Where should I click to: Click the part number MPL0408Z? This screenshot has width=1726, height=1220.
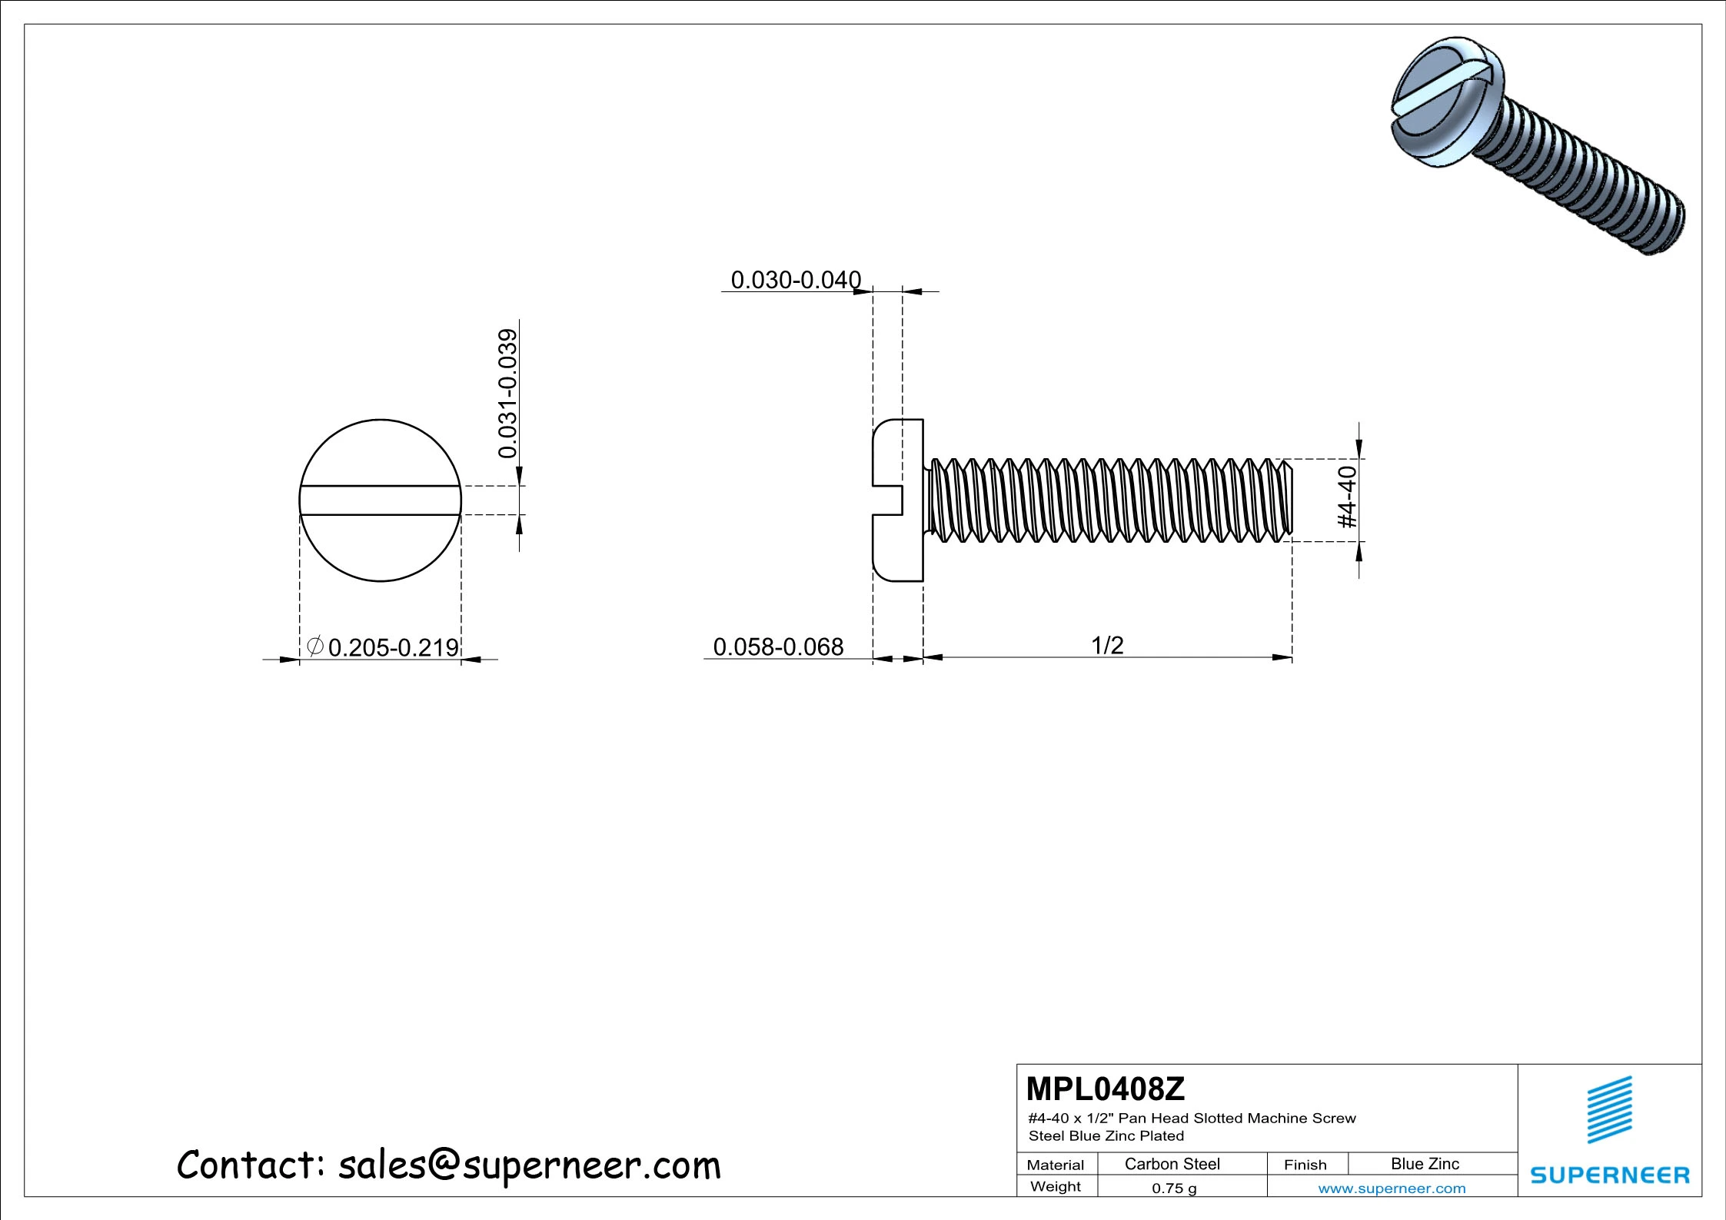point(1105,1089)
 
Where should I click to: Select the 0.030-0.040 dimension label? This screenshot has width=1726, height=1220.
point(795,280)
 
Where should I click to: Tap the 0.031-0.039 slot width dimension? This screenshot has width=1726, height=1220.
point(507,394)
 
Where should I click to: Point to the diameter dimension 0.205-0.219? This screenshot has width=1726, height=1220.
point(393,647)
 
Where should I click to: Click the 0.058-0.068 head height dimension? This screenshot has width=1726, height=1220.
point(778,647)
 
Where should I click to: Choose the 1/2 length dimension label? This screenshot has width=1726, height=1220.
point(1107,645)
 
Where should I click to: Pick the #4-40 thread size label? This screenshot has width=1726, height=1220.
point(1348,497)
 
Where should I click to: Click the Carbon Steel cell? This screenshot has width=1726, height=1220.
point(1172,1164)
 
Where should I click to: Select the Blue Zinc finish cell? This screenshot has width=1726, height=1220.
point(1425,1164)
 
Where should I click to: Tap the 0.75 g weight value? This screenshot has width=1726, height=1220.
point(1174,1188)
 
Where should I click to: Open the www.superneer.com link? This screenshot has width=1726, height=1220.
point(1392,1188)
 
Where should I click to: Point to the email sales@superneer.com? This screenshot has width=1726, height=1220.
point(529,1165)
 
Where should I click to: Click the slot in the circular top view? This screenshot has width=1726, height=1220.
point(380,500)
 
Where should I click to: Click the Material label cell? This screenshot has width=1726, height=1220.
point(1055,1165)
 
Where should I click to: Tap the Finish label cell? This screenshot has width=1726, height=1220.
point(1305,1165)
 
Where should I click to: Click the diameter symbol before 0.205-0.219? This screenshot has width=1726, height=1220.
point(314,646)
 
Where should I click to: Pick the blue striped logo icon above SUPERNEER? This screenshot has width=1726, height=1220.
point(1610,1109)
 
